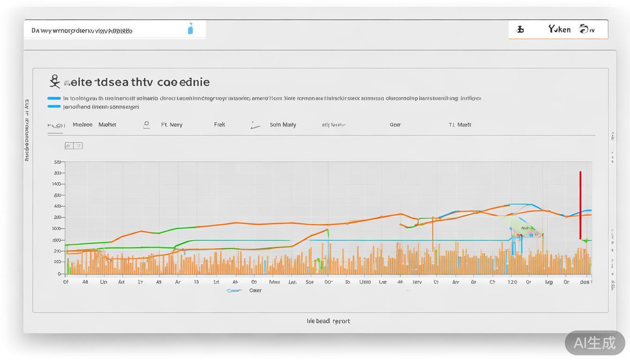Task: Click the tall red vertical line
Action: pos(580,205)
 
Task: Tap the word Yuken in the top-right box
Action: pos(559,30)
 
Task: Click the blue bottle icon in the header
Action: pos(190,29)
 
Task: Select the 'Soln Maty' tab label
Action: pos(283,125)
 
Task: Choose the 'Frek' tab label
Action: pos(219,125)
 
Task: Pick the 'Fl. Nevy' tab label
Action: pos(172,125)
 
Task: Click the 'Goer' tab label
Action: pos(395,125)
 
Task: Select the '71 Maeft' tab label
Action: pos(459,125)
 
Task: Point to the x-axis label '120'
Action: pos(512,282)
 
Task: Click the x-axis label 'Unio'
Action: pos(365,282)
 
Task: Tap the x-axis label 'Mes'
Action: pos(274,282)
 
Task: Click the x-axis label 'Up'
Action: pos(104,282)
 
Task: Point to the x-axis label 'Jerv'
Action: pos(417,282)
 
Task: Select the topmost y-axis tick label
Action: pos(57,162)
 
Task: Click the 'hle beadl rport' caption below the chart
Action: pos(328,321)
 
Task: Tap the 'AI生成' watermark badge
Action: pos(594,343)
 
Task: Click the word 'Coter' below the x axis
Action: pos(255,291)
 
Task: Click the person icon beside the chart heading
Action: pos(55,82)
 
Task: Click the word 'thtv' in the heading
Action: pos(142,82)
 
